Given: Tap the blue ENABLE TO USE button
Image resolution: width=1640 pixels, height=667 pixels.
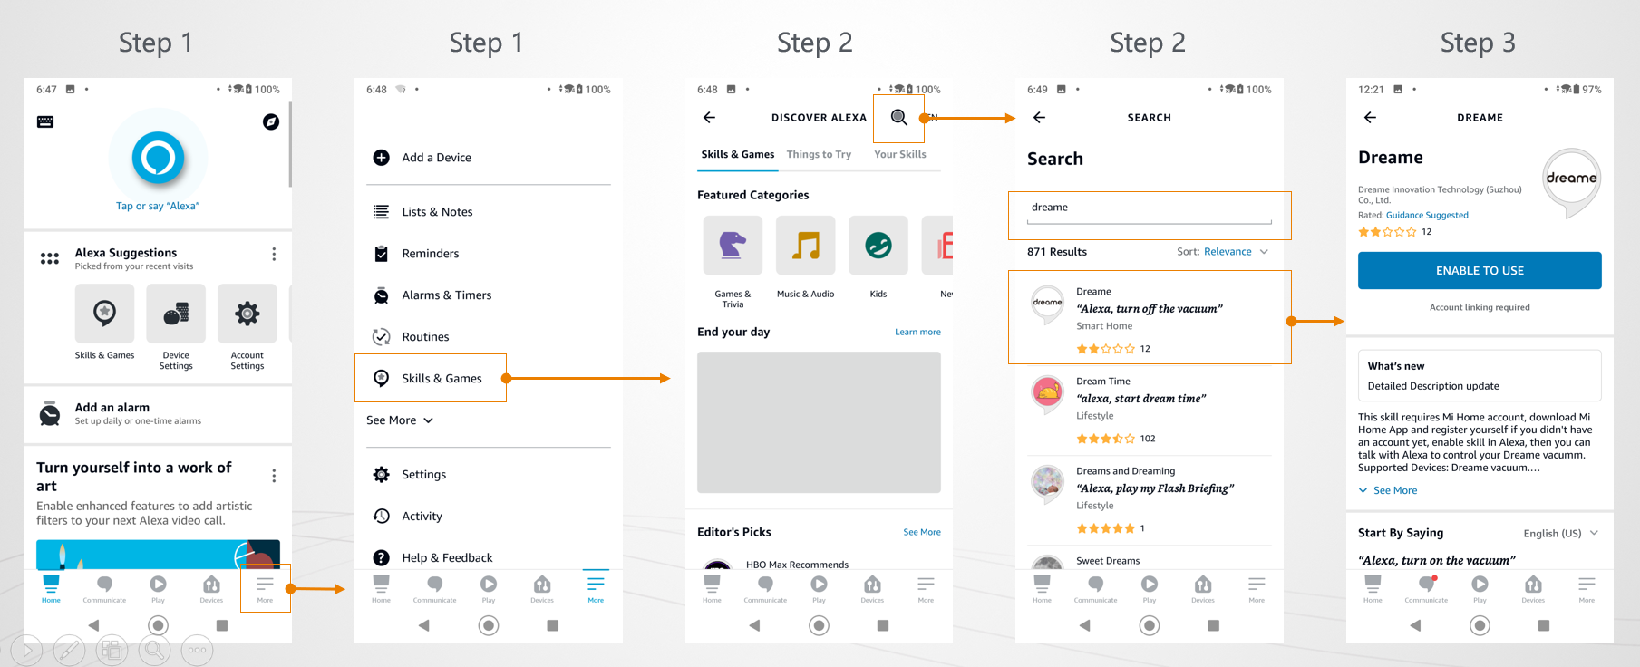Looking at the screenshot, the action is click(x=1480, y=270).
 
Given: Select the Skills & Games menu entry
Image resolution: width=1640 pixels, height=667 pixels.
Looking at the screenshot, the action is click(x=428, y=378).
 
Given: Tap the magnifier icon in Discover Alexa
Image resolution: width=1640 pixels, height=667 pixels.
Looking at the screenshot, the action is click(x=898, y=117).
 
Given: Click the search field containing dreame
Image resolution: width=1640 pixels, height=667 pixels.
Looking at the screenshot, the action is click(x=1150, y=210).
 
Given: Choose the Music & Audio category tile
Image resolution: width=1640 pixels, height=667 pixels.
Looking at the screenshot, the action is click(x=805, y=245).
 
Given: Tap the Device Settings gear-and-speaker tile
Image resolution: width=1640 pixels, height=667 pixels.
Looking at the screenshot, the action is click(x=176, y=314).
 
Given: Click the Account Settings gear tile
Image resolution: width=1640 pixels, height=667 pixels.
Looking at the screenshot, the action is click(x=247, y=314).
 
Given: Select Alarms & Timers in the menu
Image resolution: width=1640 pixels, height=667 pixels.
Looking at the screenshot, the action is click(x=432, y=295).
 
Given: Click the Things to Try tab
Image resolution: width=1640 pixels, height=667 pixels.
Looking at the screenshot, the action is click(x=819, y=154).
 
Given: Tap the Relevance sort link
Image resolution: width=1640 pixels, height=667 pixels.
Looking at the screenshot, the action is click(x=1228, y=252).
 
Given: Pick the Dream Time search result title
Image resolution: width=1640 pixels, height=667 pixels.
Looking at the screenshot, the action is click(x=1103, y=382).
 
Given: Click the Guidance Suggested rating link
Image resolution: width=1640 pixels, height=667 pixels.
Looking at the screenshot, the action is click(x=1427, y=216).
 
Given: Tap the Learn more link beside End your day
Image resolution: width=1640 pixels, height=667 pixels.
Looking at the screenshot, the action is click(x=917, y=333).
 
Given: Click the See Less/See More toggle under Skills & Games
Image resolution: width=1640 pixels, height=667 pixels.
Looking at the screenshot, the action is click(x=400, y=420).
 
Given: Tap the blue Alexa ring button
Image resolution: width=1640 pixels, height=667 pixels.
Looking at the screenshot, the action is click(x=158, y=158).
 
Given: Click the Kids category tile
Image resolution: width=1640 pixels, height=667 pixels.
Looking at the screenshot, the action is click(x=878, y=245).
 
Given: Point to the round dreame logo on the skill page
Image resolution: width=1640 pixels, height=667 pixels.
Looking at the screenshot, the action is click(x=1571, y=179).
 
